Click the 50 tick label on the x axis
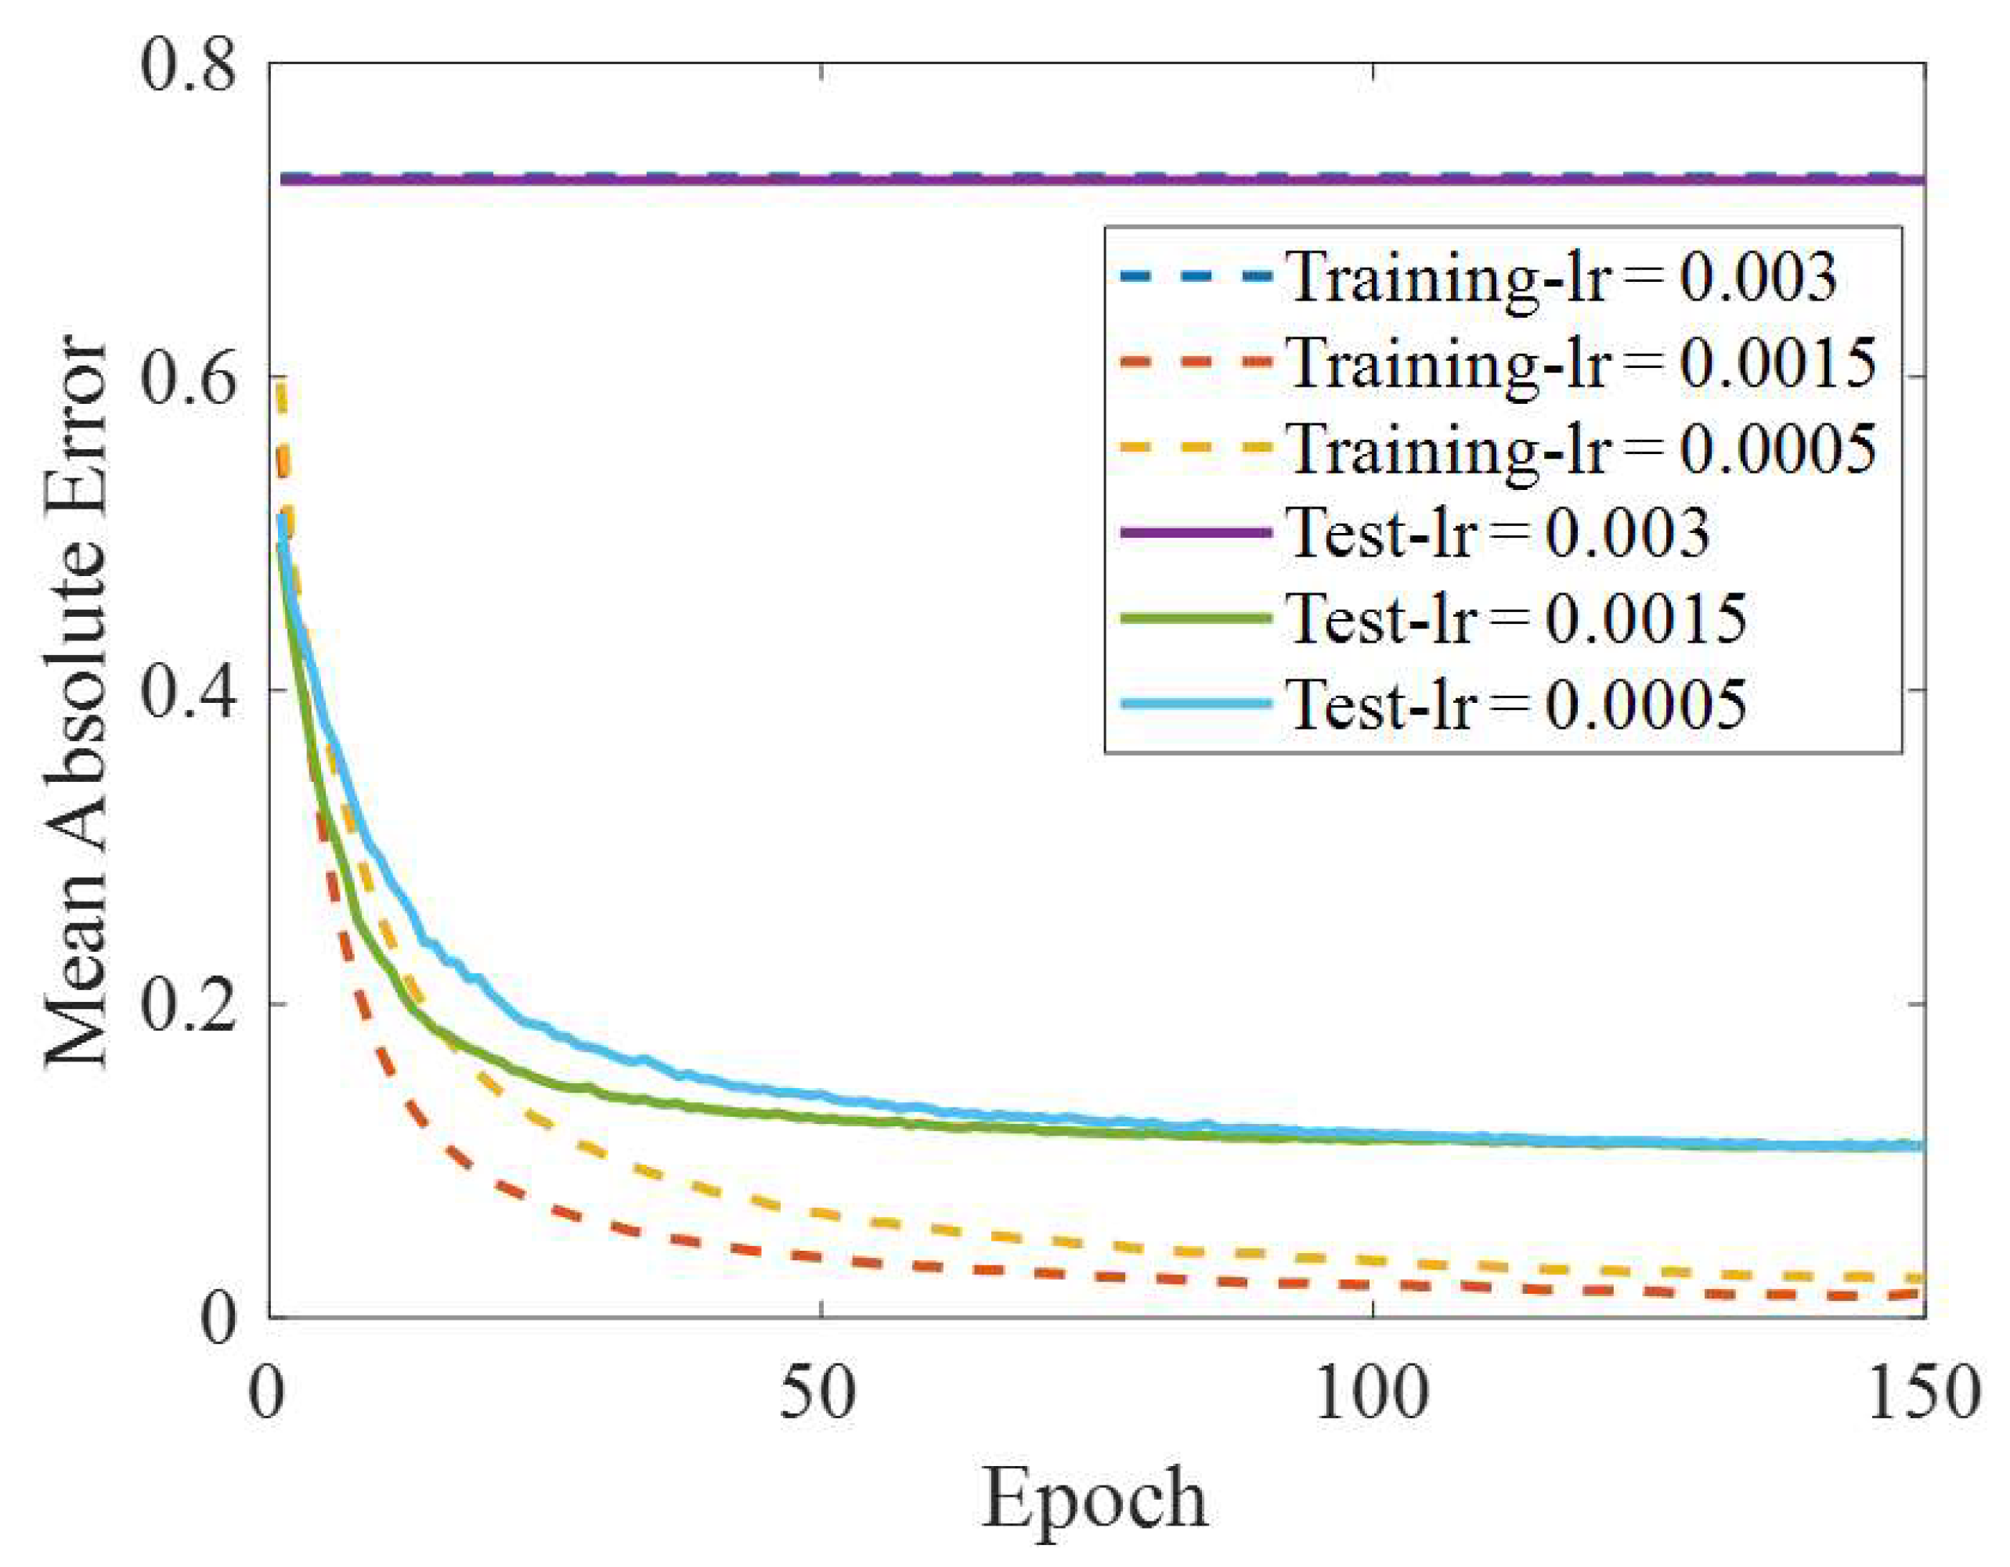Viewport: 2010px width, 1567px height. click(x=818, y=1392)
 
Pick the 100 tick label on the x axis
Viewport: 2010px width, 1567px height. click(x=1371, y=1392)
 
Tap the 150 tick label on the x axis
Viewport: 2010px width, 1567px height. click(x=1924, y=1392)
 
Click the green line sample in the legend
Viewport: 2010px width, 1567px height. click(x=1196, y=618)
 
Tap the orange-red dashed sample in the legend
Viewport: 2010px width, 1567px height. click(x=1196, y=362)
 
